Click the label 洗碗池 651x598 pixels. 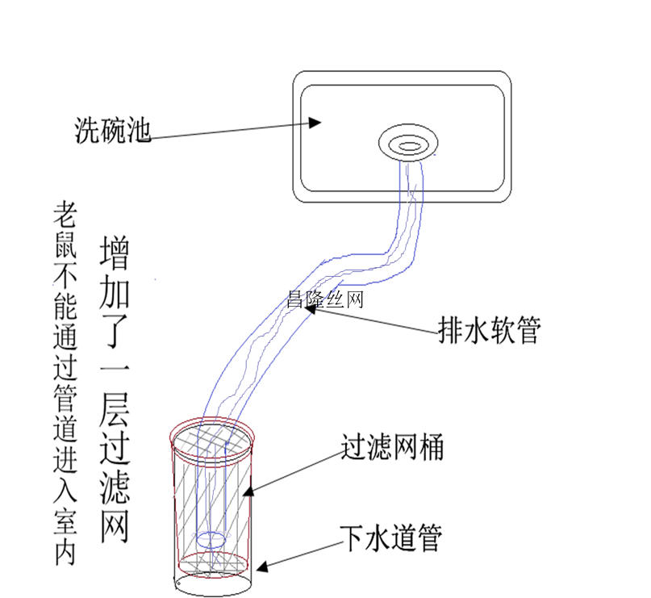(x=112, y=130)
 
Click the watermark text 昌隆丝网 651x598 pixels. (x=325, y=300)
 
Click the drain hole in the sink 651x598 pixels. (x=409, y=145)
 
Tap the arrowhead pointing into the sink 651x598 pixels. (x=317, y=123)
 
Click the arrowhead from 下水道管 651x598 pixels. (x=262, y=569)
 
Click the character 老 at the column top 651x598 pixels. (x=65, y=215)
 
